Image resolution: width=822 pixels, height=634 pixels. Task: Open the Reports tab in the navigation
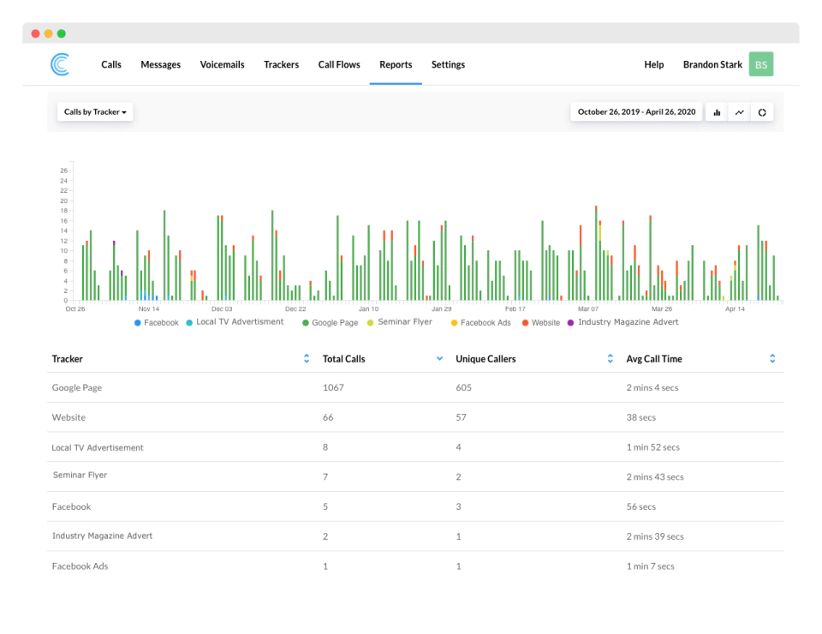(396, 64)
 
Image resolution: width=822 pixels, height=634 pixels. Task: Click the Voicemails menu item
(222, 64)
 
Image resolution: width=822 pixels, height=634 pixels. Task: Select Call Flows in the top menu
(339, 64)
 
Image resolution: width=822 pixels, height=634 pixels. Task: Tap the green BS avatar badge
(760, 64)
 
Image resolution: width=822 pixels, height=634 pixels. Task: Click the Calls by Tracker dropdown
(95, 111)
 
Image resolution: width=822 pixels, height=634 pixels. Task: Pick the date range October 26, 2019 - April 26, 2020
(636, 111)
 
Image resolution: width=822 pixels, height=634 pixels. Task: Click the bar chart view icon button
(717, 112)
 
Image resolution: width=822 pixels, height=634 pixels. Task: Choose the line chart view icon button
(739, 112)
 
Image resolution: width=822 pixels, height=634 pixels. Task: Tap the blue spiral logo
(60, 64)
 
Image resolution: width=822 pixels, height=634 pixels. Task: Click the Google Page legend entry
(330, 322)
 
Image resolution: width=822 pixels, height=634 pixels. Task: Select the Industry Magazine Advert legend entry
(622, 322)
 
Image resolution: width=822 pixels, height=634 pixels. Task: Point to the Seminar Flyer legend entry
(400, 322)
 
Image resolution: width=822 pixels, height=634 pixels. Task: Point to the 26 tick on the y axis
(64, 170)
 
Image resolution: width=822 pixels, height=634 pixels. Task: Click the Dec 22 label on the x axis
(295, 309)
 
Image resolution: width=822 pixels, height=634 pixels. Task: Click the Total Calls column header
(344, 359)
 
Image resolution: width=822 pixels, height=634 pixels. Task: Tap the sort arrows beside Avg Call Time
(772, 359)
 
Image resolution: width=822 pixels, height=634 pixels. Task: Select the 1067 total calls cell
(333, 387)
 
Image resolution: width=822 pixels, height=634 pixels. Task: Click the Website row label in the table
(68, 417)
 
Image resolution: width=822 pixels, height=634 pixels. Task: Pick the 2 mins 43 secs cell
(655, 476)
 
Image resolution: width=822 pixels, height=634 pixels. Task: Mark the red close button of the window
(36, 33)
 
